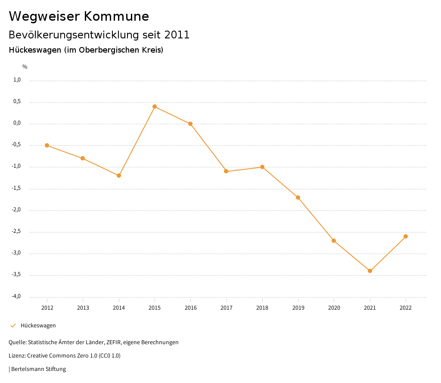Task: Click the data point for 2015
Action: point(155,107)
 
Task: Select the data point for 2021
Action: point(370,271)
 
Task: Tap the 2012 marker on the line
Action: point(47,145)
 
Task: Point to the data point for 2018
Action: point(262,167)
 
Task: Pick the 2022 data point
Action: point(406,236)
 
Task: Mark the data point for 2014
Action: point(119,176)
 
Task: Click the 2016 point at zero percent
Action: point(190,124)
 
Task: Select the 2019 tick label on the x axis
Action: point(298,308)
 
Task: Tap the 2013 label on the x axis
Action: point(83,308)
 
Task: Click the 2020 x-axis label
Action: point(334,308)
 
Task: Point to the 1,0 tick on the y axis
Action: point(17,80)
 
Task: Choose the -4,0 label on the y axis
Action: point(16,296)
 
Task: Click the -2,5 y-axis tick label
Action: point(16,232)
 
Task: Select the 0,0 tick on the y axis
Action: point(17,123)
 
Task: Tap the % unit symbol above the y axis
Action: point(25,67)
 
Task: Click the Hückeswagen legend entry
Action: point(38,326)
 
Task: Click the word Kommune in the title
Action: point(116,16)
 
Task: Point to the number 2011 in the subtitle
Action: point(177,35)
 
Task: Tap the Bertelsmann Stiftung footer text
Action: point(38,369)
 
